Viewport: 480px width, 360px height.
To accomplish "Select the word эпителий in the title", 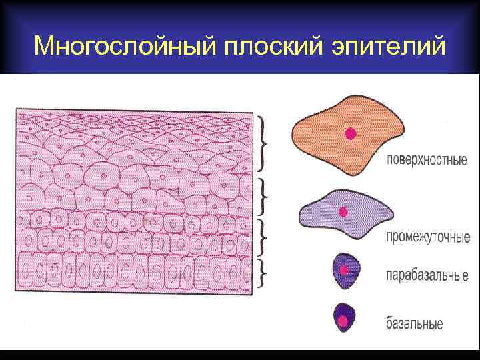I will (387, 46).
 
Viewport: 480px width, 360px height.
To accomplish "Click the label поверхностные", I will (426, 161).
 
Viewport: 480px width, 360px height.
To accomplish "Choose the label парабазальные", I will (427, 276).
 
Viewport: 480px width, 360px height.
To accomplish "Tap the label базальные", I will (414, 325).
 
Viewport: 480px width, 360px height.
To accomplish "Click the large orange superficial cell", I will (347, 136).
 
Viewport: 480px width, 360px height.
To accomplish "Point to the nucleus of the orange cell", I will (351, 133).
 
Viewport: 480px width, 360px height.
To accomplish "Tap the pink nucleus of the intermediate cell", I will (343, 212).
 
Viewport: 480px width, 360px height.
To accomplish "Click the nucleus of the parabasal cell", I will (344, 270).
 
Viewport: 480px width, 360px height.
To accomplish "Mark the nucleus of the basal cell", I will (343, 321).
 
